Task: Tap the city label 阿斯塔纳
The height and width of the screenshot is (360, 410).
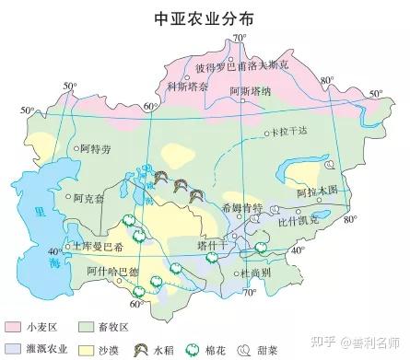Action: pyautogui.click(x=250, y=90)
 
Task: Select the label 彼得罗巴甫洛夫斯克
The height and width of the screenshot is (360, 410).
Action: pyautogui.click(x=241, y=65)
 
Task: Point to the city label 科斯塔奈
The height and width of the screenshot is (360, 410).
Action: pyautogui.click(x=186, y=87)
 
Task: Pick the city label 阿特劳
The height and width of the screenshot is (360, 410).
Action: pyautogui.click(x=95, y=147)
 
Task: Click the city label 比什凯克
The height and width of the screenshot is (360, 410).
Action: pyautogui.click(x=299, y=220)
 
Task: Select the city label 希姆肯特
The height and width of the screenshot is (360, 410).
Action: pyautogui.click(x=243, y=208)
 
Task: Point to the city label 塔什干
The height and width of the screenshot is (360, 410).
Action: pyautogui.click(x=212, y=246)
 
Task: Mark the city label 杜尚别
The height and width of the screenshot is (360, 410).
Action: pyautogui.click(x=255, y=273)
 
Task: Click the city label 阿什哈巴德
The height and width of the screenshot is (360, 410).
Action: pyautogui.click(x=111, y=271)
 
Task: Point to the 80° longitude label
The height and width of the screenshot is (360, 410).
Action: pyautogui.click(x=348, y=219)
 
